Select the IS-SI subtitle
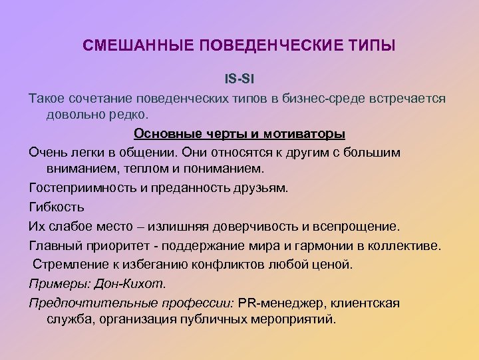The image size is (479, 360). pyautogui.click(x=239, y=79)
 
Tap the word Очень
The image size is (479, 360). pyautogui.click(x=47, y=152)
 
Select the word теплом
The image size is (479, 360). pyautogui.click(x=134, y=169)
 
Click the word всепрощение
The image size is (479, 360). pyautogui.click(x=353, y=226)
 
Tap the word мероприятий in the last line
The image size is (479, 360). pyautogui.click(x=296, y=319)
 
